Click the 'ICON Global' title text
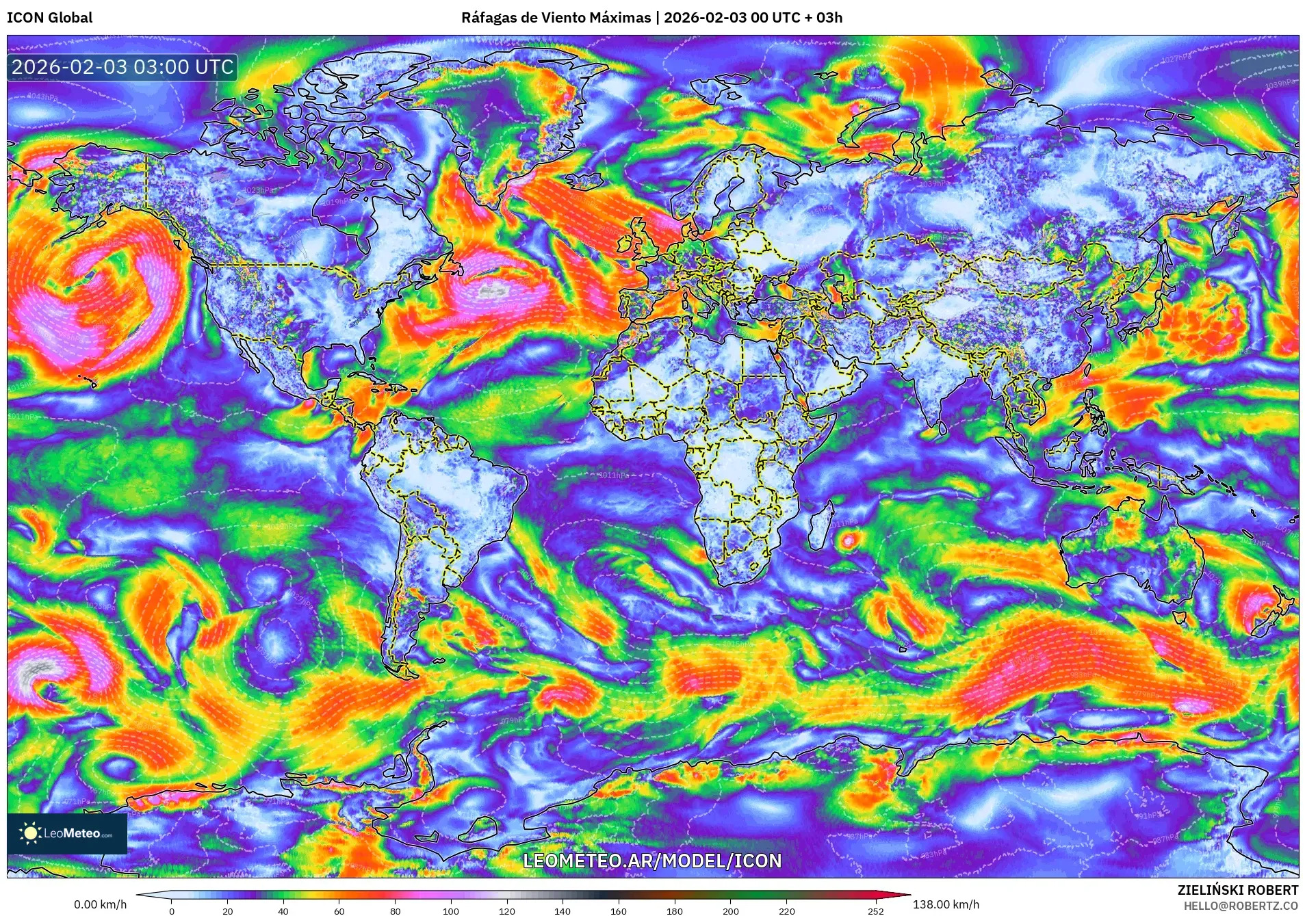(x=49, y=18)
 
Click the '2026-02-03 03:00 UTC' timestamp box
(x=122, y=67)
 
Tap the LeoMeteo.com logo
(x=67, y=833)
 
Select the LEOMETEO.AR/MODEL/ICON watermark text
(x=651, y=861)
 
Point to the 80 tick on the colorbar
(x=395, y=911)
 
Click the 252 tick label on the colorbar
(x=876, y=911)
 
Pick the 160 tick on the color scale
(x=618, y=911)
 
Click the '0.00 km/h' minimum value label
(x=100, y=904)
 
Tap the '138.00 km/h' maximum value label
(x=946, y=904)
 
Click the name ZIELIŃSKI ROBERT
(x=1237, y=890)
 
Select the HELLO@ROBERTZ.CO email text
(x=1240, y=906)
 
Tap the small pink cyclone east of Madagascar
(x=849, y=541)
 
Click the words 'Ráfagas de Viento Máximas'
(x=556, y=18)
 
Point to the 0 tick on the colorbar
(x=172, y=911)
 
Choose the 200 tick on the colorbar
(x=730, y=911)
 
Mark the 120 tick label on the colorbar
(x=506, y=911)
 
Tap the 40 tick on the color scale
(x=283, y=911)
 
